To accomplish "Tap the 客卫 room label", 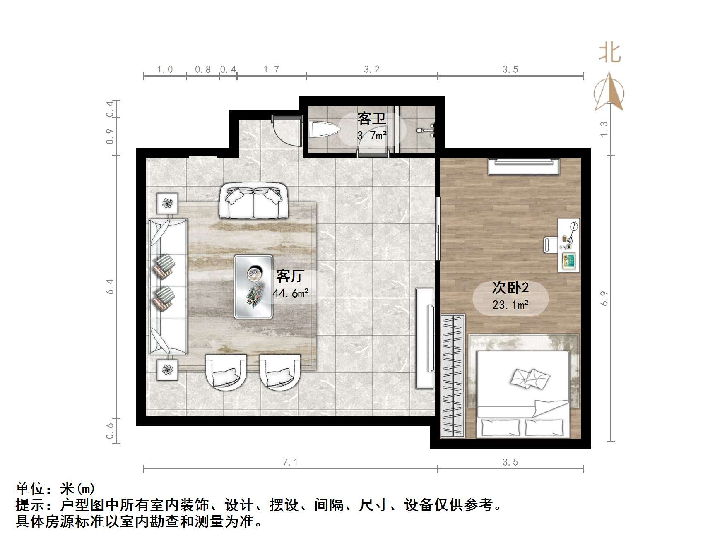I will pyautogui.click(x=371, y=119).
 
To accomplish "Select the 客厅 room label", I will pyautogui.click(x=290, y=276).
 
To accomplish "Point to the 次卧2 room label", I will pyautogui.click(x=510, y=288).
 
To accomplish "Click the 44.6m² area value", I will pyautogui.click(x=290, y=293).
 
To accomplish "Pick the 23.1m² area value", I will pyautogui.click(x=510, y=305).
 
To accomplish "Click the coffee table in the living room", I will pyautogui.click(x=253, y=286).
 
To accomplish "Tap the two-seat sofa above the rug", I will pyautogui.click(x=253, y=201).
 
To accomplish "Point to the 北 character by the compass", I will pyautogui.click(x=609, y=53).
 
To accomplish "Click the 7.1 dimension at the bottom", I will pyautogui.click(x=290, y=462).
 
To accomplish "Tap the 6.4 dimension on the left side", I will pyautogui.click(x=110, y=286).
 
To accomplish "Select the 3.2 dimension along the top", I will pyautogui.click(x=371, y=70).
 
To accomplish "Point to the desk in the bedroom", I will pyautogui.click(x=568, y=245).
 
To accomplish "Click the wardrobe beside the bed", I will pyautogui.click(x=453, y=375).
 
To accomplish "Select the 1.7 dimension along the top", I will pyautogui.click(x=271, y=70).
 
